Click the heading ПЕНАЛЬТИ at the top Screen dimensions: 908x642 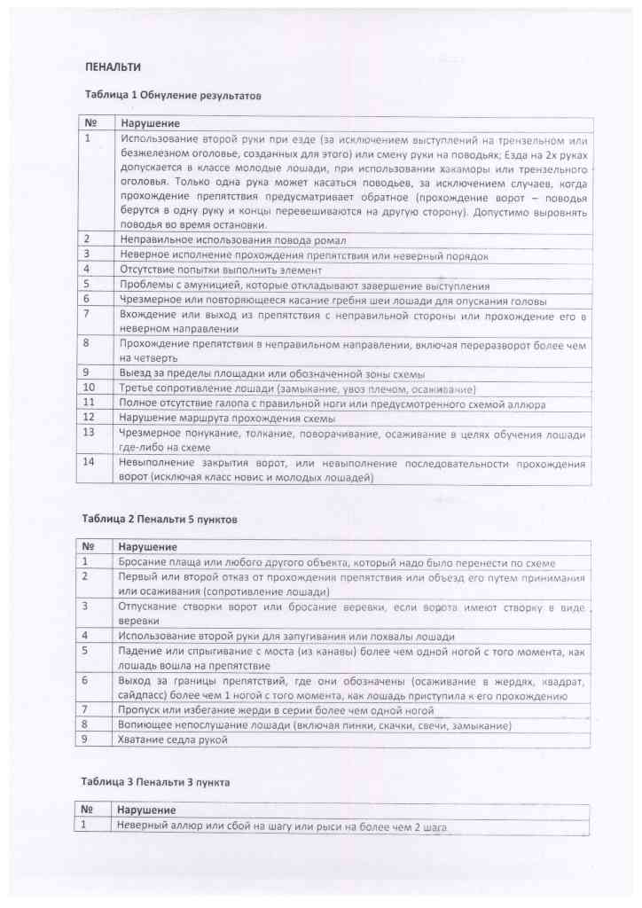click(x=113, y=67)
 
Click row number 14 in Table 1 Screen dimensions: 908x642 click(x=89, y=463)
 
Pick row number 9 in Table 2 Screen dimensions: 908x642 click(x=86, y=740)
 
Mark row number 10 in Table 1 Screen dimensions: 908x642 click(x=89, y=389)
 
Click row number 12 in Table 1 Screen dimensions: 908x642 click(x=89, y=419)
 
